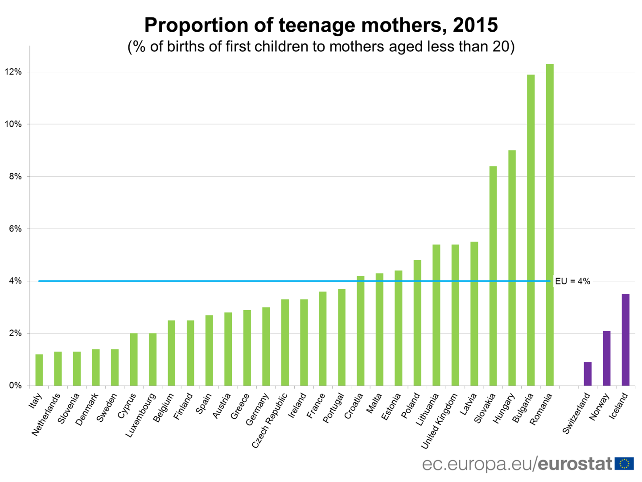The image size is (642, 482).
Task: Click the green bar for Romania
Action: [550, 225]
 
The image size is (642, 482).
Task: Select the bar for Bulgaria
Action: [531, 230]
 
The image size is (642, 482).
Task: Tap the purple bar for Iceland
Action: [626, 340]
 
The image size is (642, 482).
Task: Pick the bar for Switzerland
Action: [588, 374]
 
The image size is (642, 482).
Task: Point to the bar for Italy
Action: [39, 370]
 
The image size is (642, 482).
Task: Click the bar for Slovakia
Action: [493, 276]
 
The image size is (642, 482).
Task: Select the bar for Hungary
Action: [512, 268]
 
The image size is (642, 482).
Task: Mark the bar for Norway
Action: [607, 358]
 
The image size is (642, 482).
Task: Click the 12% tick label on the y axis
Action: [13, 72]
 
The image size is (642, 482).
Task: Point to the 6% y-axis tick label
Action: [15, 229]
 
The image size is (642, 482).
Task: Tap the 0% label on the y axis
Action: [15, 386]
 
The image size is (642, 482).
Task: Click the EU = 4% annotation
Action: [572, 281]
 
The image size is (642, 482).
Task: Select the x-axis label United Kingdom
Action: [439, 421]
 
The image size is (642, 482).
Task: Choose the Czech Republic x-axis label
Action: [270, 420]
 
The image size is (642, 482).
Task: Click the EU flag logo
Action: [624, 464]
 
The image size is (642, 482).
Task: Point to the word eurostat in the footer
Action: [575, 464]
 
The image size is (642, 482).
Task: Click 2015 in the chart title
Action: [475, 25]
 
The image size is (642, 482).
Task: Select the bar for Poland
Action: [417, 323]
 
